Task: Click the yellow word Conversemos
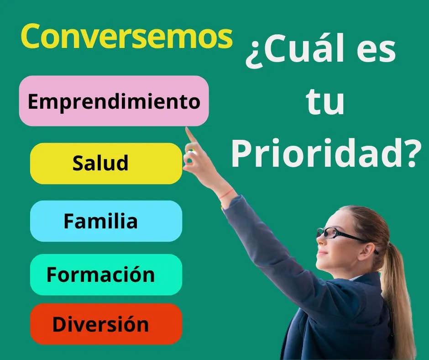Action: pyautogui.click(x=127, y=36)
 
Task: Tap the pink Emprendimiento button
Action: pyautogui.click(x=114, y=101)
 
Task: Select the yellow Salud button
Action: pyautogui.click(x=106, y=163)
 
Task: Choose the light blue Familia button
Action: pyautogui.click(x=106, y=221)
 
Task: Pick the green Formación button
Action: pyautogui.click(x=106, y=275)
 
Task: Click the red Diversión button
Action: pyautogui.click(x=106, y=324)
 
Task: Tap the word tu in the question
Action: pyautogui.click(x=325, y=101)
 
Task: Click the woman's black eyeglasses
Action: pyautogui.click(x=342, y=234)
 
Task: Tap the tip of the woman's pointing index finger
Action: pyautogui.click(x=187, y=128)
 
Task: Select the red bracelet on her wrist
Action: pyautogui.click(x=226, y=193)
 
